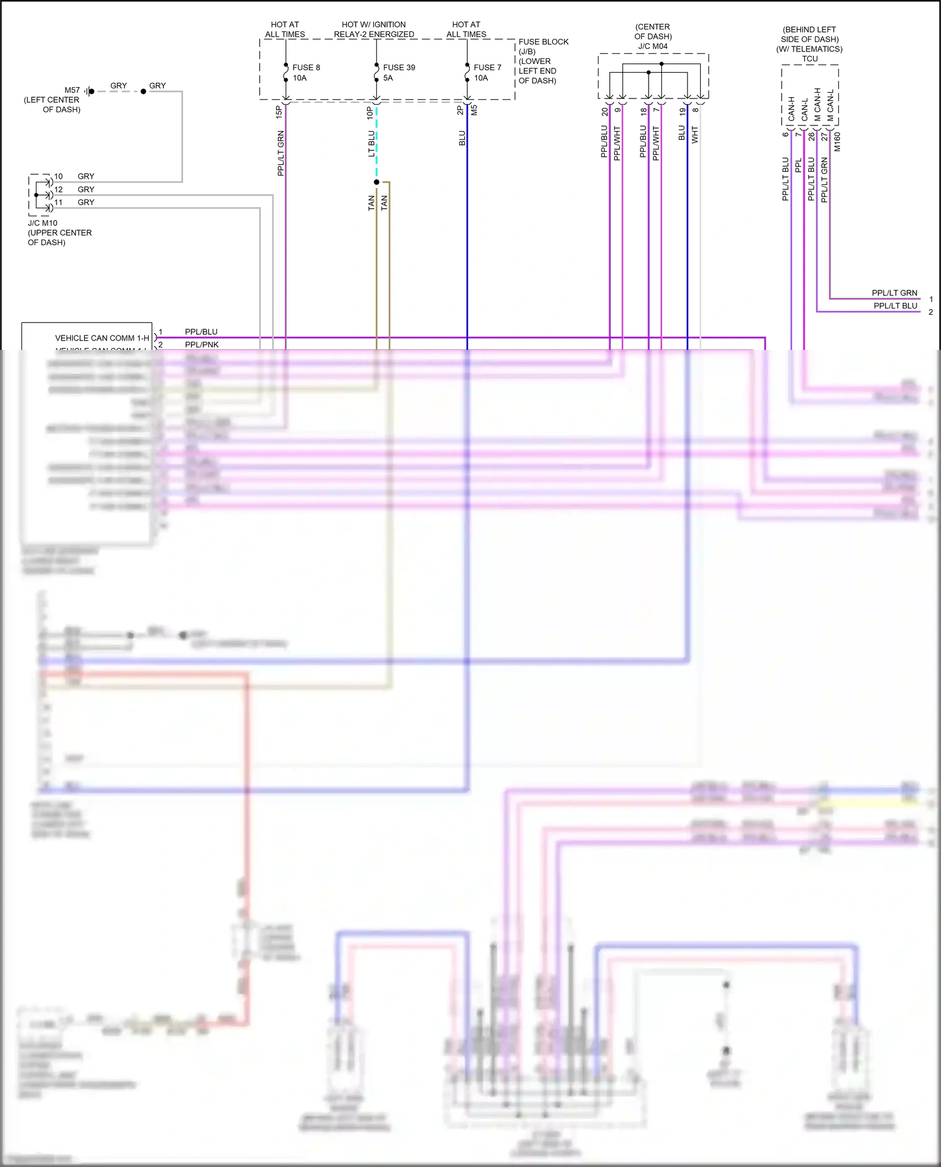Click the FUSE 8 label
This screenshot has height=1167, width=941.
[306, 67]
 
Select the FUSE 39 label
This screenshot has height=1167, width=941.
[399, 67]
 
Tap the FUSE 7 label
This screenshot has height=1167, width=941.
[487, 67]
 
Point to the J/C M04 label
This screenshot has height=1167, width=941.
[652, 46]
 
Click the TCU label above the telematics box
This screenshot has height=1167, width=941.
[810, 59]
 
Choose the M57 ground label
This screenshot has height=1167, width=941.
[72, 90]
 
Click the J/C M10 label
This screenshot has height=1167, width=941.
[43, 223]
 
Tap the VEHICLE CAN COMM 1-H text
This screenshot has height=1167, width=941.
[102, 338]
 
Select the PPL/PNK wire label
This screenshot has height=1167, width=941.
[201, 345]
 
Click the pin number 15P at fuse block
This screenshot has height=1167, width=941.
[279, 112]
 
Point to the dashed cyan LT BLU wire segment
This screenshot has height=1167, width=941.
[376, 144]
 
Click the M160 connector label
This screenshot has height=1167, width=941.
[837, 142]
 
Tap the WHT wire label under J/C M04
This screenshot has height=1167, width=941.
[695, 135]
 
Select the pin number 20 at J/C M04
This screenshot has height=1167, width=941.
[605, 112]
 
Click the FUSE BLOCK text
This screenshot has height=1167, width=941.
[543, 42]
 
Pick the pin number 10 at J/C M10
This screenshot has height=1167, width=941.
[58, 177]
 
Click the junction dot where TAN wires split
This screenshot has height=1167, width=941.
[376, 182]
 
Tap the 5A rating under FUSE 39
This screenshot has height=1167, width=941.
[388, 78]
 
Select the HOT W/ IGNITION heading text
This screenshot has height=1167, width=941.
[374, 25]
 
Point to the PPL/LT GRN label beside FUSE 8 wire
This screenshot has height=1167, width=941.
[281, 153]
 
